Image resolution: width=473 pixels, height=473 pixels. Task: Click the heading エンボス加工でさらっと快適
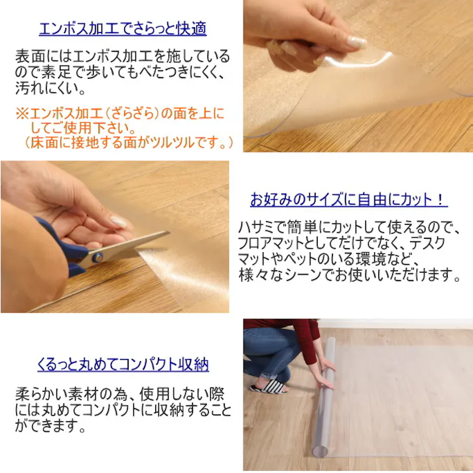pyautogui.click(x=123, y=29)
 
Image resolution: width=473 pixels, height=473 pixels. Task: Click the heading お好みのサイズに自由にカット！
pyautogui.click(x=348, y=199)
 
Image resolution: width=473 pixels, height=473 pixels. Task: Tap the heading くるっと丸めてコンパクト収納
pyautogui.click(x=123, y=365)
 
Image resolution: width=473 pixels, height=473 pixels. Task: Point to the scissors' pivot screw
pyautogui.click(x=98, y=255)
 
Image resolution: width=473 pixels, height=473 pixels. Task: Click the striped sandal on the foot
pyautogui.click(x=269, y=386)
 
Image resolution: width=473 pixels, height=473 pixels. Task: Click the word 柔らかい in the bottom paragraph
pyautogui.click(x=42, y=394)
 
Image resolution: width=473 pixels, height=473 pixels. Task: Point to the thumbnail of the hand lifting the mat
pyautogui.click(x=358, y=76)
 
